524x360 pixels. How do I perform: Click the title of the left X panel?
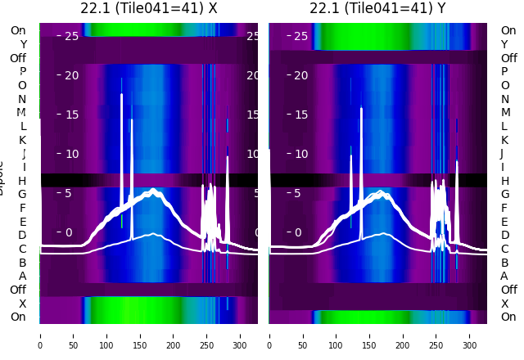[x=149, y=8]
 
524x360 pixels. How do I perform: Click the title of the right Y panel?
[x=378, y=8]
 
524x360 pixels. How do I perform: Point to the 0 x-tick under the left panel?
[x=40, y=335]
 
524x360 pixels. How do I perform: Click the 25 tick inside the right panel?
[x=300, y=36]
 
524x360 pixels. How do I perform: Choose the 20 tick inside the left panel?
[x=71, y=75]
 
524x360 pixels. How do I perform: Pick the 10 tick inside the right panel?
[x=300, y=154]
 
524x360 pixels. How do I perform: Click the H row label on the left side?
[x=23, y=181]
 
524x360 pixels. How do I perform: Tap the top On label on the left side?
[x=18, y=30]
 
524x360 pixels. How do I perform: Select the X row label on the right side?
[x=504, y=304]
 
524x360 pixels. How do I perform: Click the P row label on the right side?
[x=504, y=71]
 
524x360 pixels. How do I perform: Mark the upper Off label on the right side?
[x=509, y=58]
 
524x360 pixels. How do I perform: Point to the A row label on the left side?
[x=23, y=276]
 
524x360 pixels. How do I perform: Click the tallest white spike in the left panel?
[x=122, y=97]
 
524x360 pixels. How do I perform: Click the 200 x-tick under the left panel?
[x=174, y=335]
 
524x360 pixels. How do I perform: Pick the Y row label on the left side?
[x=23, y=44]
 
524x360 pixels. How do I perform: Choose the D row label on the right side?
[x=504, y=236]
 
